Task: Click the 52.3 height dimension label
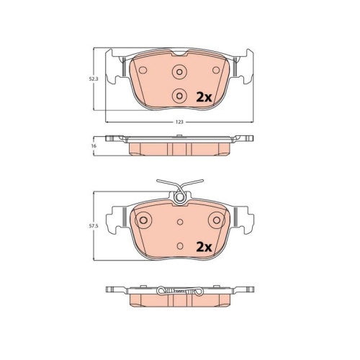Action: [x=94, y=78]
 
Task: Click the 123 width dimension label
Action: [x=179, y=122]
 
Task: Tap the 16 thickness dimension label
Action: [x=94, y=145]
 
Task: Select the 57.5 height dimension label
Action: [x=94, y=226]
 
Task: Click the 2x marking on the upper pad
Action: [x=204, y=97]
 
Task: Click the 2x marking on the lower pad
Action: [x=204, y=247]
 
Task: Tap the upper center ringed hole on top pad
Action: [x=179, y=71]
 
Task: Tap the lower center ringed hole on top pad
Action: [x=179, y=96]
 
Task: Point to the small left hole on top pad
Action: [x=143, y=70]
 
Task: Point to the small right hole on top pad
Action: [x=216, y=70]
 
